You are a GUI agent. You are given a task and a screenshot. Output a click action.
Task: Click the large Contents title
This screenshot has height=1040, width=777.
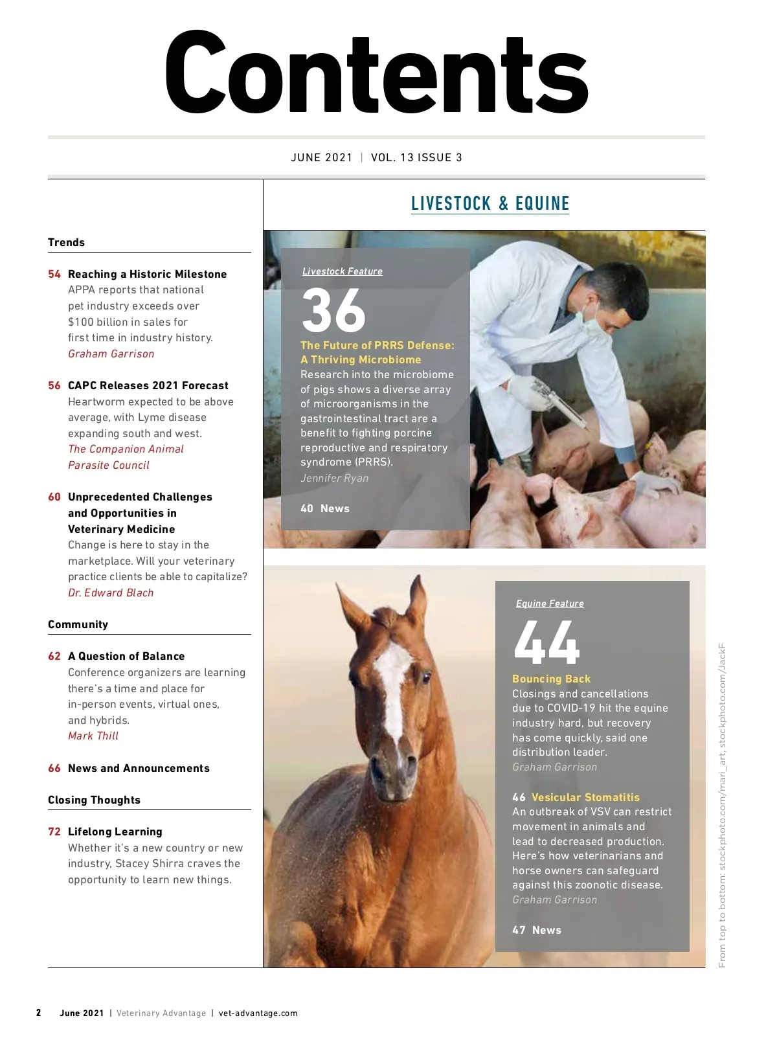coord(376,73)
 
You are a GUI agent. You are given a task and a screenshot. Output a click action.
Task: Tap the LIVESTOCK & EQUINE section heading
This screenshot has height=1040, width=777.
coord(490,203)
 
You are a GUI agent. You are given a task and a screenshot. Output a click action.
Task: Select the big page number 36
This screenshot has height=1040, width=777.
coord(333,310)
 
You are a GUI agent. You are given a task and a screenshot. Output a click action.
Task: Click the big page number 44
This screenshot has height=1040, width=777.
coord(546,642)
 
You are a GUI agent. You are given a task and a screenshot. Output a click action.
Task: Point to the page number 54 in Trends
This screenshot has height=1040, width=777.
coord(54,274)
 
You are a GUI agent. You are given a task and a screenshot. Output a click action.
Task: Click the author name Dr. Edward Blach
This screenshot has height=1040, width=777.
coord(111,593)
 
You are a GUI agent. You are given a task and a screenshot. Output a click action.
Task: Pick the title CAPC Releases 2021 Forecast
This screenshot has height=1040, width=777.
coord(148,385)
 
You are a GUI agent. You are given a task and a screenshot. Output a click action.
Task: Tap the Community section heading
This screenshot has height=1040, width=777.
coord(78,624)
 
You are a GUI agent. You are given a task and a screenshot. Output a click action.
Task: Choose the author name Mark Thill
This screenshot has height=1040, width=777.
coord(93,736)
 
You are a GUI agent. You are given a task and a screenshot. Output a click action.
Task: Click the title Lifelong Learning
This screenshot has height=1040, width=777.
coord(115,831)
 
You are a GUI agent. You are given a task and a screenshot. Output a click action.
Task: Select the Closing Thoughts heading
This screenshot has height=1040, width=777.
coord(94,800)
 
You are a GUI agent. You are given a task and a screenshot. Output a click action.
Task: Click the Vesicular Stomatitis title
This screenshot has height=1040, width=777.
coord(585,797)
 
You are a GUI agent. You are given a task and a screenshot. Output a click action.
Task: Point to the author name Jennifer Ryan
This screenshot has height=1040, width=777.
coord(334,478)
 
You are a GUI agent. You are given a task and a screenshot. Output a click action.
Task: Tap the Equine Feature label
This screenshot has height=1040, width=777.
coord(550,604)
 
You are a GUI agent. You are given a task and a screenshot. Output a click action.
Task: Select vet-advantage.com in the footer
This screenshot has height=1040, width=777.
coord(258,1013)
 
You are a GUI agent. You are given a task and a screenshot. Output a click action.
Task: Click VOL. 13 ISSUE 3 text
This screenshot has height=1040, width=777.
coord(416,157)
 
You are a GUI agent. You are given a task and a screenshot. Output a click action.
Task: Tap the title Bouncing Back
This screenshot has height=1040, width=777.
coord(551,679)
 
